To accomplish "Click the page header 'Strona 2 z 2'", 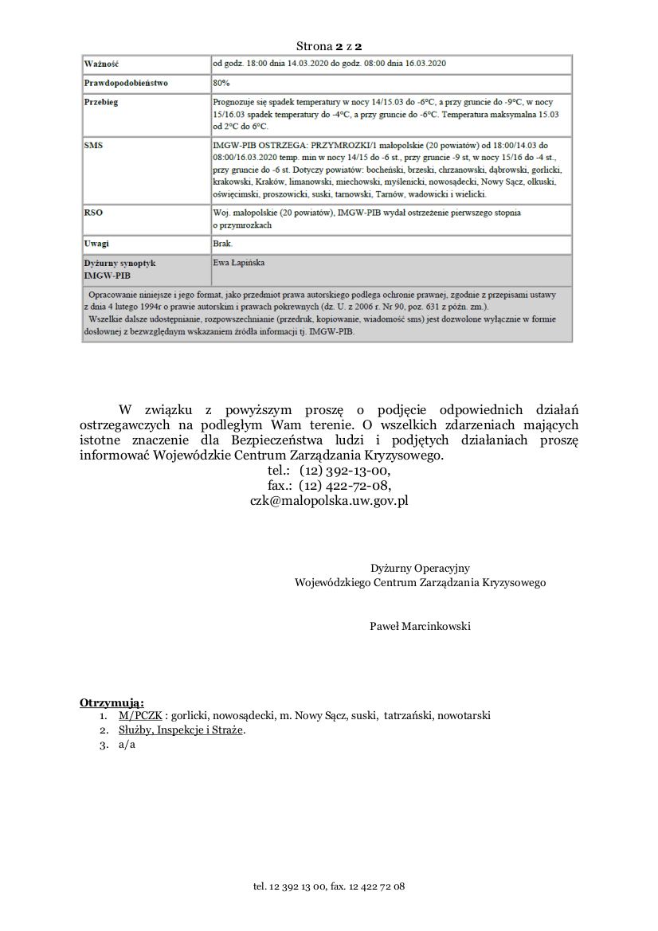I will (x=329, y=47).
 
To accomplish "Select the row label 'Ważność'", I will (x=101, y=64).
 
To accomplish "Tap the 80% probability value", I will (x=221, y=83).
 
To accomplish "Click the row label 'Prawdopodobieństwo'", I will (x=126, y=83).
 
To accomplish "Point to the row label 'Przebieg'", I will (x=101, y=103).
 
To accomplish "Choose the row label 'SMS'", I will (x=93, y=146).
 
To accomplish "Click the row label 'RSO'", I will (x=93, y=213).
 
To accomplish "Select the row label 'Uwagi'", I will (x=96, y=243).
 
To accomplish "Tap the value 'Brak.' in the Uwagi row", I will (x=222, y=243).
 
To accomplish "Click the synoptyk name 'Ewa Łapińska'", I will (x=239, y=262).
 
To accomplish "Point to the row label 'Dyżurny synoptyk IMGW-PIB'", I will (x=119, y=268).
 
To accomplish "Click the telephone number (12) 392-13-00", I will (x=345, y=471).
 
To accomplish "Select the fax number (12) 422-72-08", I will (x=345, y=485).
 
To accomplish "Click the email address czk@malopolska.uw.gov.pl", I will (x=329, y=500).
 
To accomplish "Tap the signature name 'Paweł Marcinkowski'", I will (x=420, y=626).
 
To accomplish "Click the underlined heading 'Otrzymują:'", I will (x=112, y=702).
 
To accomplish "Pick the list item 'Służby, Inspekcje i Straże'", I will (x=182, y=730).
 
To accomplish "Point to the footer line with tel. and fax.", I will (x=329, y=886).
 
